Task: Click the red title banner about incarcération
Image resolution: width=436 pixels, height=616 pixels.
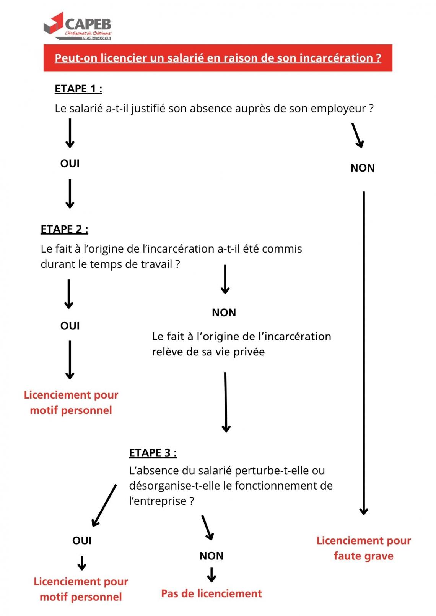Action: (x=218, y=58)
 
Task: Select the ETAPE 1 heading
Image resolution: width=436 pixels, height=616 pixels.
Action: (x=78, y=89)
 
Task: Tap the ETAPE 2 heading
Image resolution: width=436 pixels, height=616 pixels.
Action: (x=64, y=229)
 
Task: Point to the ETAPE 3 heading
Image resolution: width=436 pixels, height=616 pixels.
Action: (x=153, y=453)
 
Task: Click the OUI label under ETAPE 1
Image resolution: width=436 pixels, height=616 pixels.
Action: (x=70, y=164)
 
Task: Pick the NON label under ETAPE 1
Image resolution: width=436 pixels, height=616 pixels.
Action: (x=362, y=168)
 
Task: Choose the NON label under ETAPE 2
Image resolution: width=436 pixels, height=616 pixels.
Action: (x=224, y=313)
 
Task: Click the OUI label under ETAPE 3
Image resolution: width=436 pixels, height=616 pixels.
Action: (x=82, y=540)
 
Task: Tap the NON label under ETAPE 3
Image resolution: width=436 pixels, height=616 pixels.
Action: (x=211, y=556)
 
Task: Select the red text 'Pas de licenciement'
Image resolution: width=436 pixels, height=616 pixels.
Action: (x=211, y=593)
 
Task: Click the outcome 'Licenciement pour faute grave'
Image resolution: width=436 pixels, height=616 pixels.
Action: (x=363, y=548)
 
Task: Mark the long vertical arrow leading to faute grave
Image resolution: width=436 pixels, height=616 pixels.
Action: (x=363, y=352)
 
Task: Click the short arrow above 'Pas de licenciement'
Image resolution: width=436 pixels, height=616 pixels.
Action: (x=211, y=574)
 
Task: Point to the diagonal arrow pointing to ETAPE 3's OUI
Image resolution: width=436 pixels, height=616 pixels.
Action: (x=104, y=505)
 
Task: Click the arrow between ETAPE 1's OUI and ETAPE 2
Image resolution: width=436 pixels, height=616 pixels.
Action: (x=70, y=194)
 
